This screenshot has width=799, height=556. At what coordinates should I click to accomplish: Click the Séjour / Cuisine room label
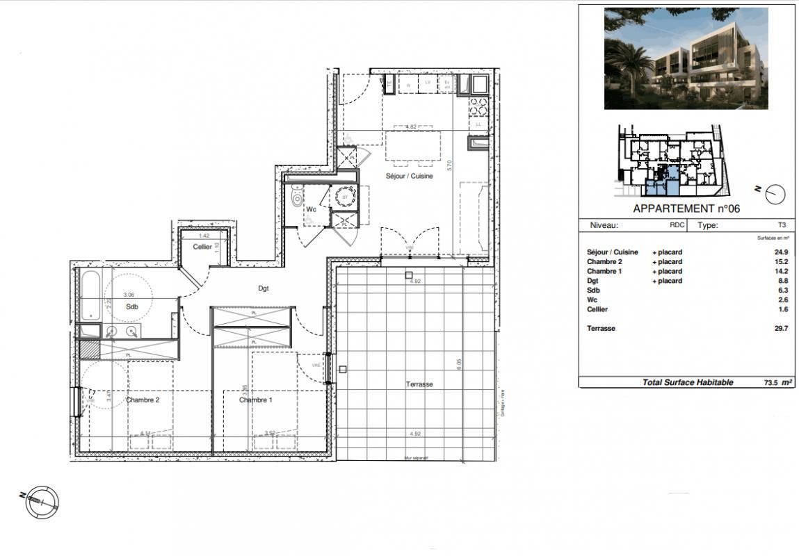pyautogui.click(x=410, y=177)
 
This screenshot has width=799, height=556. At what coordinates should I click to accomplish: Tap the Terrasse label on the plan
pyautogui.click(x=420, y=384)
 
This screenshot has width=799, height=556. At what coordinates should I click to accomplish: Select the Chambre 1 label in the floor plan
pyautogui.click(x=255, y=400)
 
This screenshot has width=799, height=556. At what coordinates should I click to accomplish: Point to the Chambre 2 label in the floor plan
pyautogui.click(x=143, y=400)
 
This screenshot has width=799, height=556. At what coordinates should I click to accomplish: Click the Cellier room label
pyautogui.click(x=202, y=247)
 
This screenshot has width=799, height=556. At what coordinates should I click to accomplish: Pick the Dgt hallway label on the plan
pyautogui.click(x=263, y=288)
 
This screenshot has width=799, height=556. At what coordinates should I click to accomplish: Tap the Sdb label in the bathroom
pyautogui.click(x=131, y=306)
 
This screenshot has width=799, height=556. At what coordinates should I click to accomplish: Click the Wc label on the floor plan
pyautogui.click(x=312, y=209)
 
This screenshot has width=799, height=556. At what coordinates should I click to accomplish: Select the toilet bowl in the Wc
pyautogui.click(x=298, y=199)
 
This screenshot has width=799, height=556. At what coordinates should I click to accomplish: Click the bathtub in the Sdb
pyautogui.click(x=91, y=296)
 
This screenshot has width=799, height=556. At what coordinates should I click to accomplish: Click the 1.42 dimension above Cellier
pyautogui.click(x=204, y=236)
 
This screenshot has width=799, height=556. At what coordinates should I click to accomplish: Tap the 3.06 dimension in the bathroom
pyautogui.click(x=129, y=295)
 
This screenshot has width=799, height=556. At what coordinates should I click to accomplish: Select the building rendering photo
pyautogui.click(x=686, y=58)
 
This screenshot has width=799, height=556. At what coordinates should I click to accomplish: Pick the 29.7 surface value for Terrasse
pyautogui.click(x=780, y=329)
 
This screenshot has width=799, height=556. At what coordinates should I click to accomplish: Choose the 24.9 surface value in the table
pyautogui.click(x=780, y=252)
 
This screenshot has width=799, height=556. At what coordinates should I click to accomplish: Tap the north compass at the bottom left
pyautogui.click(x=42, y=500)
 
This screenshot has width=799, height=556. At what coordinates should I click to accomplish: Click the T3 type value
pyautogui.click(x=782, y=225)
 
